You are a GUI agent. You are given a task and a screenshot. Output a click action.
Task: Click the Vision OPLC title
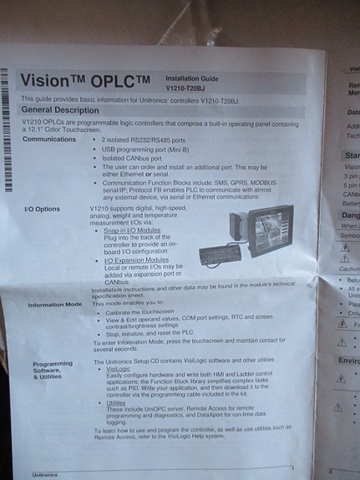[84, 82]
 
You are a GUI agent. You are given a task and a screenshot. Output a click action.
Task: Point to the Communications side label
[49, 139]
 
